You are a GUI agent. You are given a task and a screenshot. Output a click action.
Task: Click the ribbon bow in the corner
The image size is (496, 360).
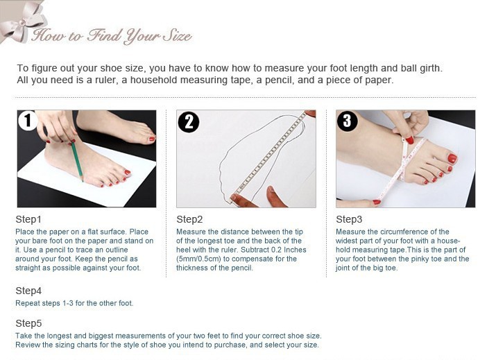point(22,22)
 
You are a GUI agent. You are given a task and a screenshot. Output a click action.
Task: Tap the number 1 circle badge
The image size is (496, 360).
point(28,120)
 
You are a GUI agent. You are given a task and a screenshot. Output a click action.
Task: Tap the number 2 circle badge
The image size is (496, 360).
point(189,122)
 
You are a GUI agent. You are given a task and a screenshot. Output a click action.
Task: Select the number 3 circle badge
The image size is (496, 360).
point(348,121)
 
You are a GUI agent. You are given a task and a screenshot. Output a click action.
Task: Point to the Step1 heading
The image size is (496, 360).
point(28,219)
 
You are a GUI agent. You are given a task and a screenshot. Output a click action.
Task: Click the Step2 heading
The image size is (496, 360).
point(189,219)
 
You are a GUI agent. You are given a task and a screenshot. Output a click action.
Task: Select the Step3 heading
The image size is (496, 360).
point(349,219)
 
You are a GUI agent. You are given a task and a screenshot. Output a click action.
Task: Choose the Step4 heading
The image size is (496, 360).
point(28,291)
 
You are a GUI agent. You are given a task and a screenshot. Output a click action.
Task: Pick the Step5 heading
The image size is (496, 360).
point(28,323)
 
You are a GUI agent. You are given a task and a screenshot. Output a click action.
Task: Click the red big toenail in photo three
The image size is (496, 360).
point(452,158)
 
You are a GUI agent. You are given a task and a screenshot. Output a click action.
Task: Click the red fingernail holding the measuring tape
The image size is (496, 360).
point(410,139)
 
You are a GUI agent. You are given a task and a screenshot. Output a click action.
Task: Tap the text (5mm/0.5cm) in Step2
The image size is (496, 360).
point(198,259)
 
